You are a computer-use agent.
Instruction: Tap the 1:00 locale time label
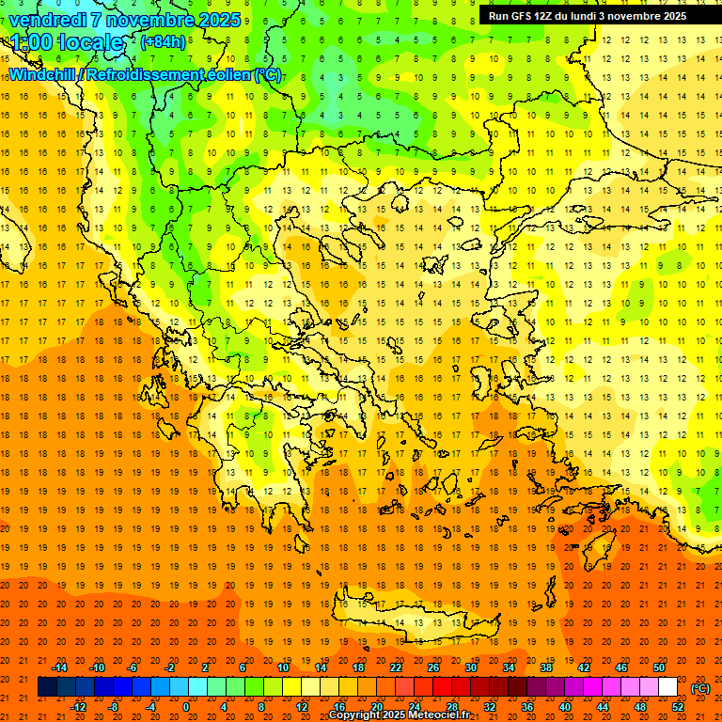pos(67,42)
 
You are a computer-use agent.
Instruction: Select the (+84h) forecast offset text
pos(163,42)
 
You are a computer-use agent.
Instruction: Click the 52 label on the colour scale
pos(679,706)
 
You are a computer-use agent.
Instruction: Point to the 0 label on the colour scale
pos(186,706)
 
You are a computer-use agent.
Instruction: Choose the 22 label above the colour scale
pos(396,667)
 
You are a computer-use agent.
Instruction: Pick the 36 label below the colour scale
pos(527,706)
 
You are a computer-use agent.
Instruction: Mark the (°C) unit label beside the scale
pos(699,688)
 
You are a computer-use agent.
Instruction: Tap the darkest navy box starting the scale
pos(47,687)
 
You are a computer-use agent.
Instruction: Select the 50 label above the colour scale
pos(659,667)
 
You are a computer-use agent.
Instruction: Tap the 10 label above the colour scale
pos(282,667)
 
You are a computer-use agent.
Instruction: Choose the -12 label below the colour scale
pos(79,706)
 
